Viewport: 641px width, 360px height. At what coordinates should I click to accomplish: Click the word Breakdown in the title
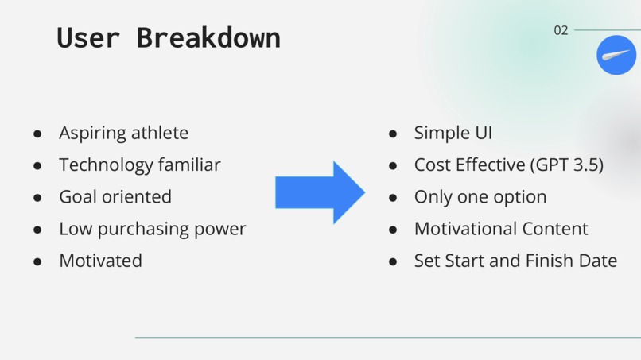(x=208, y=37)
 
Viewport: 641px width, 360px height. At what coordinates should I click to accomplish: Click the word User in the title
(x=88, y=37)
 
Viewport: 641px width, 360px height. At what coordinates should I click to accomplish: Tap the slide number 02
(x=561, y=30)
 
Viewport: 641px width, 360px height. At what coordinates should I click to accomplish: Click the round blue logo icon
(x=616, y=55)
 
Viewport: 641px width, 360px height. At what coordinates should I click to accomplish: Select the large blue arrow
(x=320, y=192)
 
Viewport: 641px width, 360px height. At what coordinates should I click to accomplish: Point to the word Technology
(x=106, y=165)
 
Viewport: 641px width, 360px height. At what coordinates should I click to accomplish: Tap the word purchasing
(x=143, y=229)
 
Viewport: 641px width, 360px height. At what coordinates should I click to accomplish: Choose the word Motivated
(x=100, y=261)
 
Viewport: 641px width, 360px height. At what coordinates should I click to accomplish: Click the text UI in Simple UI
(x=484, y=133)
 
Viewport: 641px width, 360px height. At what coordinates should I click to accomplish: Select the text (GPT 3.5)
(x=567, y=165)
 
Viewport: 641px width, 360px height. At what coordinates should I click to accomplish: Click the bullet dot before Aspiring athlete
(x=37, y=134)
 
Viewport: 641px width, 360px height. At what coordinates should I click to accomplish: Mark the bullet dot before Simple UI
(x=393, y=134)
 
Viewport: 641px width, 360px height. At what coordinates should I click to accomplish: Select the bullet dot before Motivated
(x=37, y=261)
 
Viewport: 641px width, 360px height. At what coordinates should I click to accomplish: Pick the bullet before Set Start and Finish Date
(x=393, y=261)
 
